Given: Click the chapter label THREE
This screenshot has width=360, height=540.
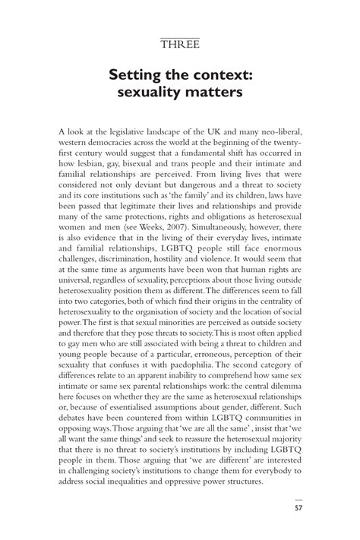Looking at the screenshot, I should (x=180, y=45).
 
